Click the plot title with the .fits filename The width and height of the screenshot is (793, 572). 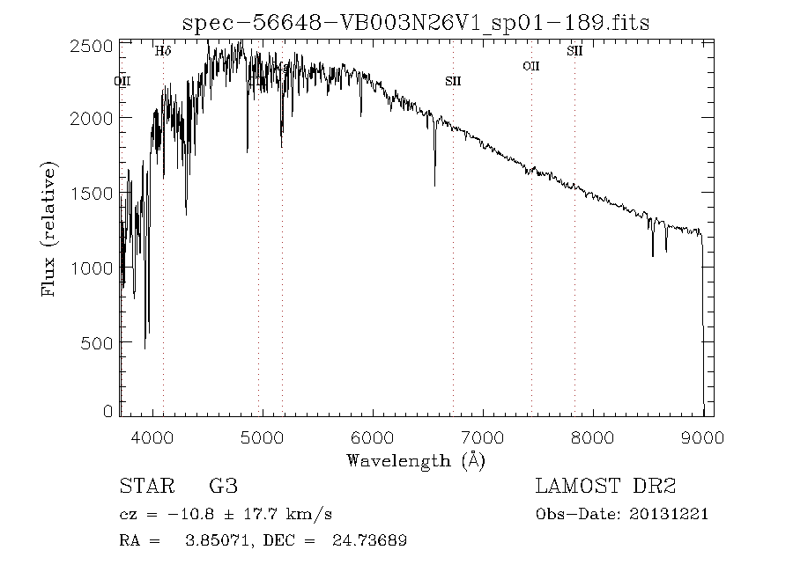click(416, 23)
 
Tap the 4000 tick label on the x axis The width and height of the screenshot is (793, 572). click(153, 436)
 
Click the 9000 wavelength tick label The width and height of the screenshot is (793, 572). click(702, 436)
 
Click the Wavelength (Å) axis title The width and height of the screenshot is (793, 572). click(416, 459)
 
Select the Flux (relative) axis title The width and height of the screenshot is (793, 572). click(50, 229)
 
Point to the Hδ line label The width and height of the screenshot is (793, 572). click(163, 52)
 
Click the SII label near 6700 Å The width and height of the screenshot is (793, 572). click(453, 81)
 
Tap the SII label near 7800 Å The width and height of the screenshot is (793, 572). click(574, 52)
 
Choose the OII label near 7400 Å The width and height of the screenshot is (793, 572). click(530, 66)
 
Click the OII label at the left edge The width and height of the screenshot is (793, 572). click(122, 81)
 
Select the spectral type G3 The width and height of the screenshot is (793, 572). click(223, 486)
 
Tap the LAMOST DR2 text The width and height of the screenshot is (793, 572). click(605, 486)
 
